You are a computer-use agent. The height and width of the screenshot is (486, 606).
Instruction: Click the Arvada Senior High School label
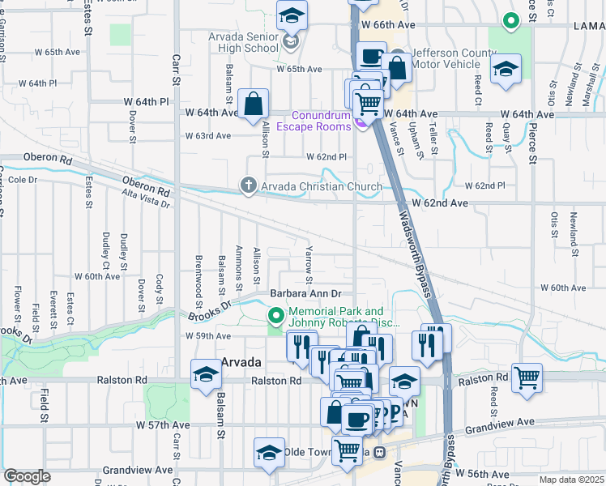click(x=243, y=42)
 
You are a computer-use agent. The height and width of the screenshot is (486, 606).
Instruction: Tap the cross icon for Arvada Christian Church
click(x=250, y=187)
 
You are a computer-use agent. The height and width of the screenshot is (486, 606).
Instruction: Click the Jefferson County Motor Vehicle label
click(x=454, y=59)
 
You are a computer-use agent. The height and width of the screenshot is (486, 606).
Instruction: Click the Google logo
click(x=27, y=476)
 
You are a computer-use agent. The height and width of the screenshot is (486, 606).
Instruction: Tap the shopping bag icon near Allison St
click(x=254, y=104)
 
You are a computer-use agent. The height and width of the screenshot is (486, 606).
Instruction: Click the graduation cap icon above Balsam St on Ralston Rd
click(x=206, y=374)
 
